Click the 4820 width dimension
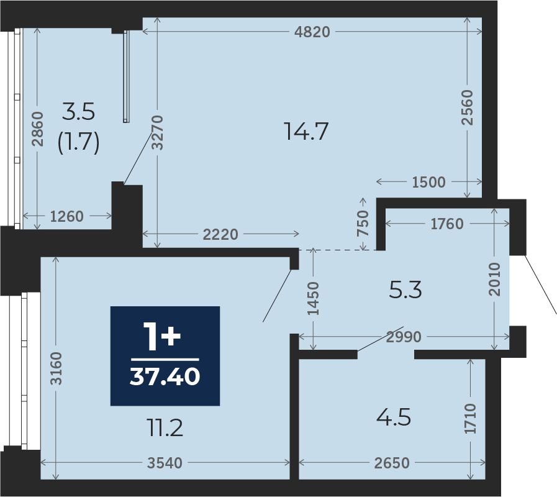(312, 32)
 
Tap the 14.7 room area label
(306, 131)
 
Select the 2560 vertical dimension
(467, 107)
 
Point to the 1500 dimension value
(428, 182)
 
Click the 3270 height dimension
(157, 132)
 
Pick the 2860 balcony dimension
(37, 129)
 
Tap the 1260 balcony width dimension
(66, 216)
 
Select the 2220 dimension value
(220, 235)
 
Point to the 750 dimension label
(363, 223)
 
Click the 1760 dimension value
(447, 224)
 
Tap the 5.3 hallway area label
(405, 290)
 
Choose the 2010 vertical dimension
(494, 279)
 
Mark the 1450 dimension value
(313, 298)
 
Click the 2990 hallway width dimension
(404, 337)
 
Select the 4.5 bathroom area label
(394, 417)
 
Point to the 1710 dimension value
(470, 419)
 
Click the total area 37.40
(165, 376)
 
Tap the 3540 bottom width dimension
(165, 463)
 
